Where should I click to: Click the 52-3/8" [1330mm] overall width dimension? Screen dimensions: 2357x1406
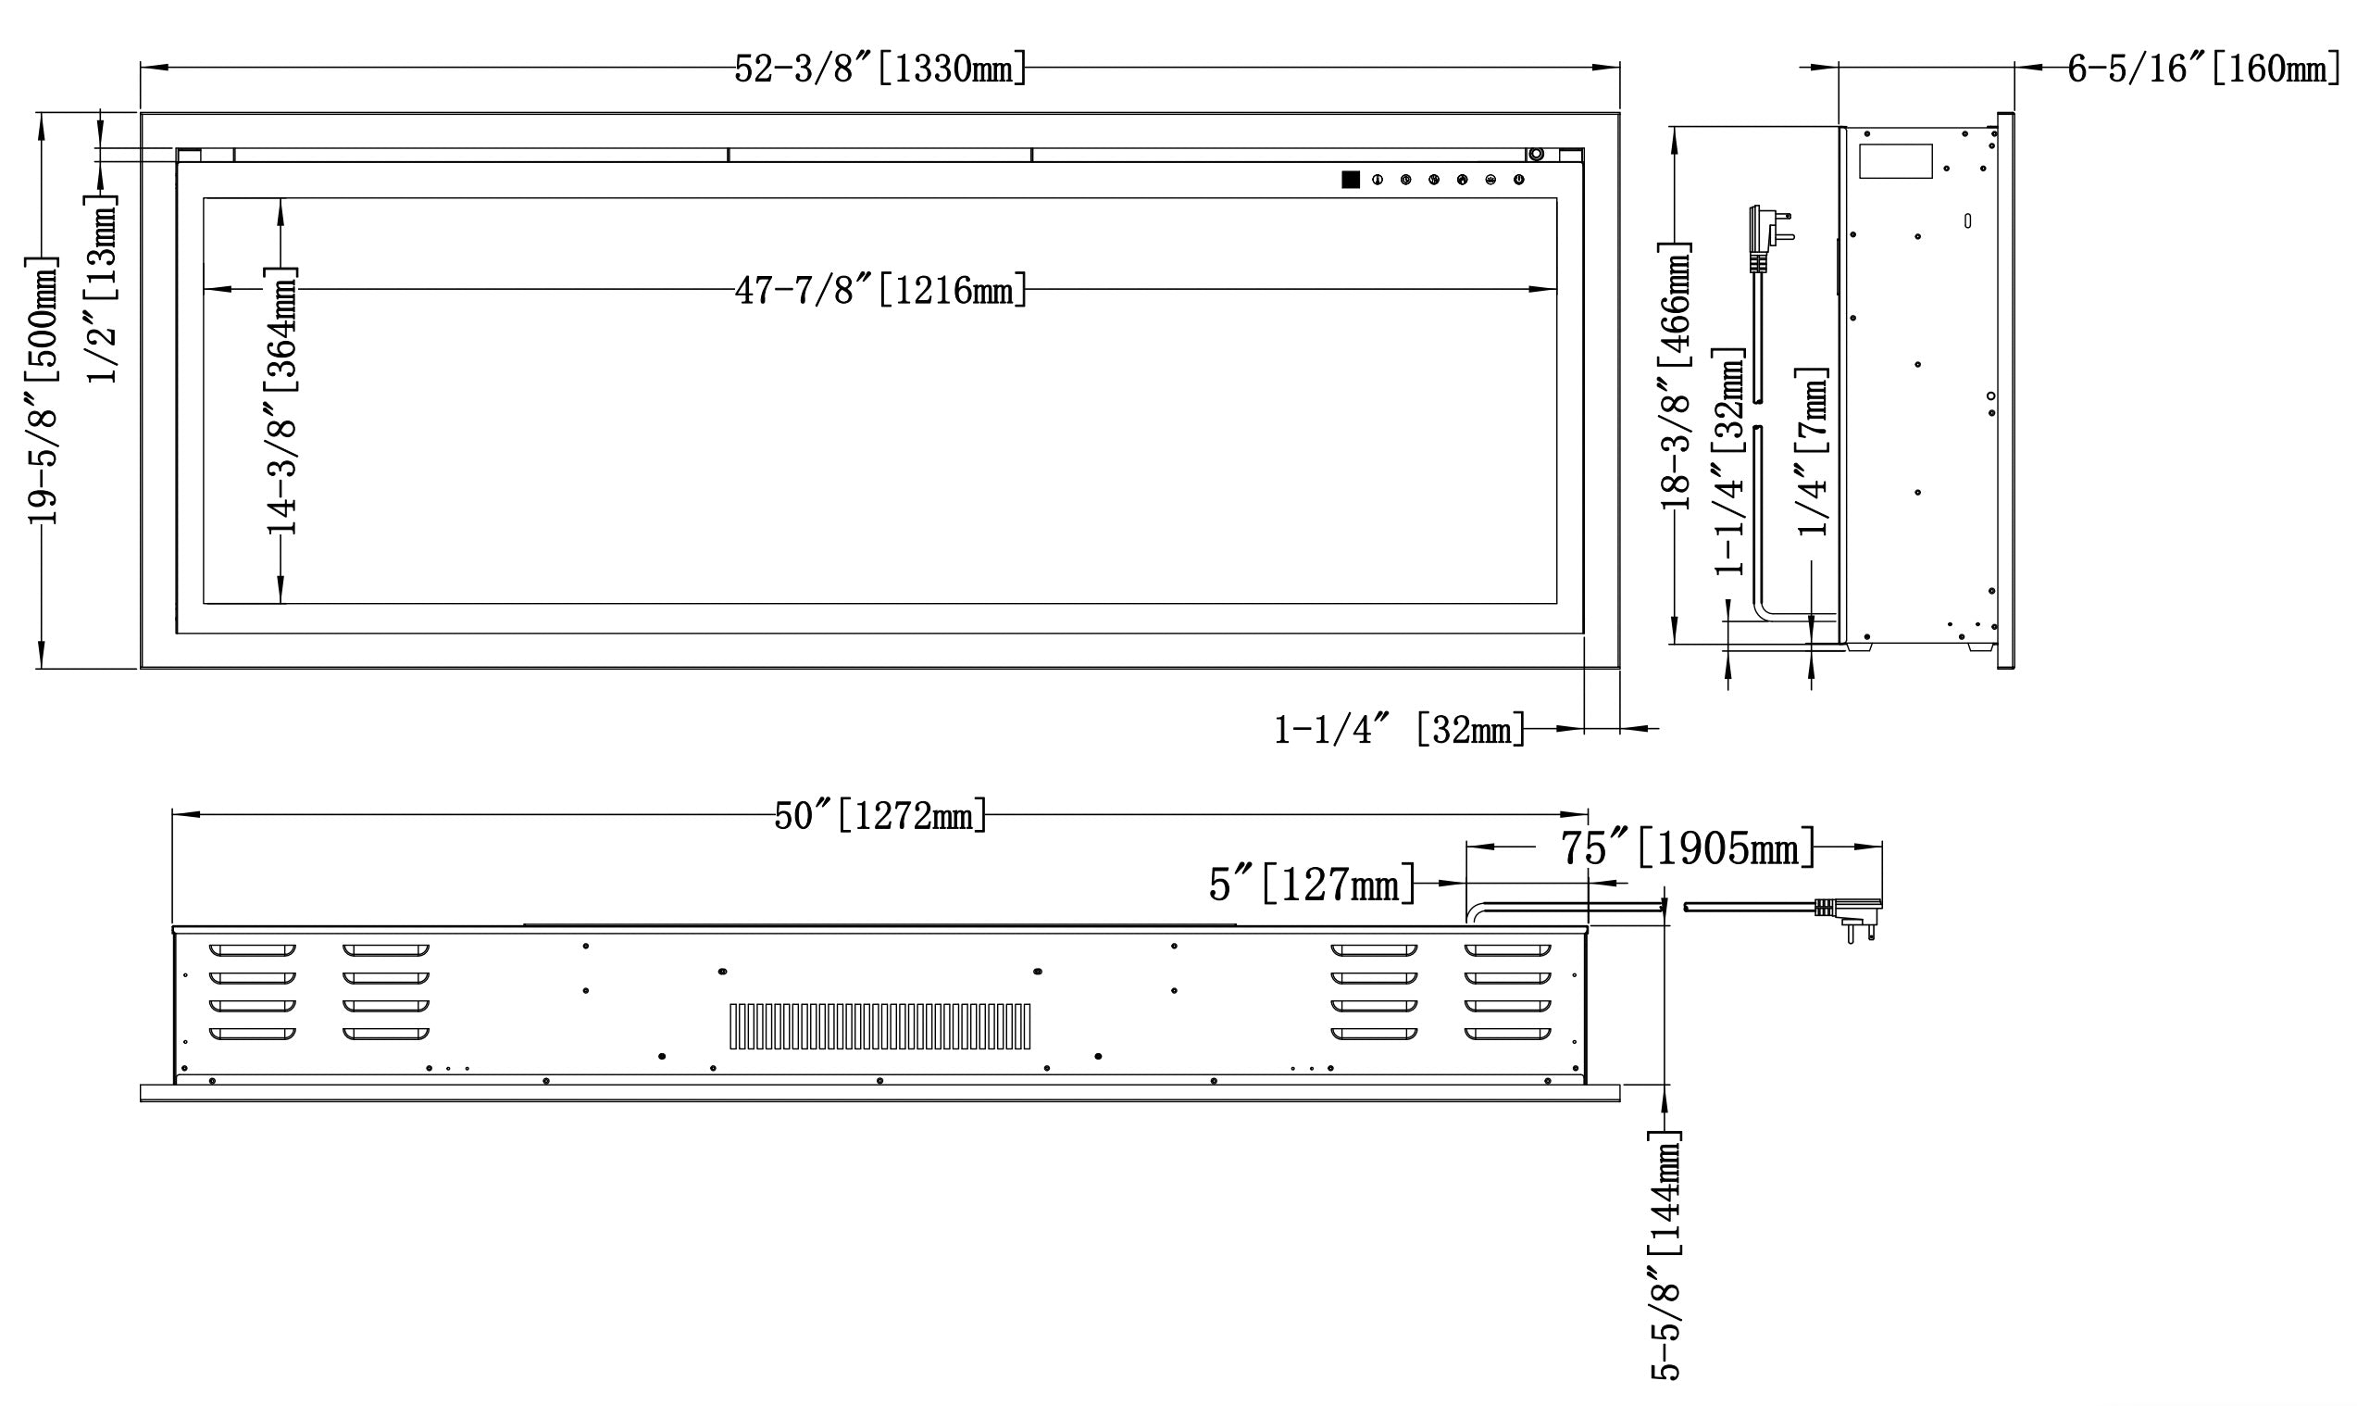880,69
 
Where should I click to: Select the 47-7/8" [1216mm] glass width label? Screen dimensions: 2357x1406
880,290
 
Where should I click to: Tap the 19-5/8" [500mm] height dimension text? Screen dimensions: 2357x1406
43,389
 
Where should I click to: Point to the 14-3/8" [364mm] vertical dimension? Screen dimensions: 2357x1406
282,400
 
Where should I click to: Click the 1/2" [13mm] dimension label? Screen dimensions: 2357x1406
103,288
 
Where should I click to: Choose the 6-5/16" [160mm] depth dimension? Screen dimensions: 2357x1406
2203,69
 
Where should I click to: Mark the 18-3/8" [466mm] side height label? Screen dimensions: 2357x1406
1677,376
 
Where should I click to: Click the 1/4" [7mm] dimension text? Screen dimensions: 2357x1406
1814,451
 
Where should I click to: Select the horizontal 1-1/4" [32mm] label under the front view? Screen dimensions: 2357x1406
1400,730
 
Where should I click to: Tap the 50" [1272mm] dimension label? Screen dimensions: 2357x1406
880,815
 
